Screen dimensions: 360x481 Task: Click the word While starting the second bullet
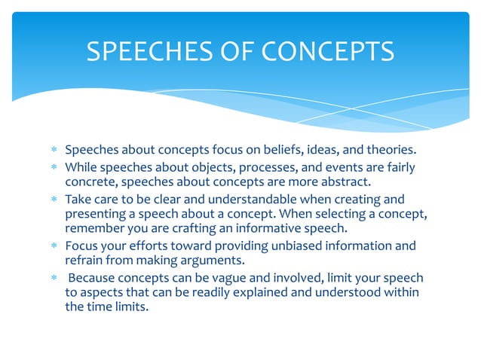[82, 166]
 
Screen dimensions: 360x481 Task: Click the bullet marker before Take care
[54, 200]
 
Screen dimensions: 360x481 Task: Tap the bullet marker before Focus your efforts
[54, 246]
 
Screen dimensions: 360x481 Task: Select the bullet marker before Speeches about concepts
[54, 150]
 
